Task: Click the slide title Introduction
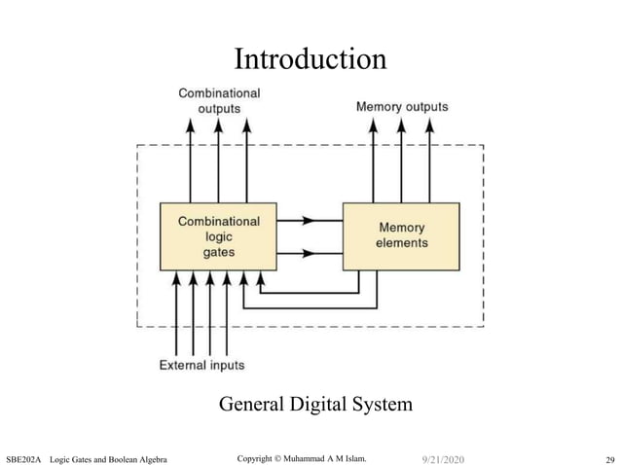(310, 60)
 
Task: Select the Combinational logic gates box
(218, 236)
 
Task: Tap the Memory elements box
(401, 236)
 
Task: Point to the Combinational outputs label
(219, 101)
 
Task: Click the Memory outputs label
(402, 106)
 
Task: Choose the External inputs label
(201, 366)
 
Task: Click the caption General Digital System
(315, 403)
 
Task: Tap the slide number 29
(609, 457)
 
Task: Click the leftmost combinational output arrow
(190, 161)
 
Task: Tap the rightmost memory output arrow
(429, 161)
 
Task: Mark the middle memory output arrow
(401, 161)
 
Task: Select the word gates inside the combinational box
(218, 252)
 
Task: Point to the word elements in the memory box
(401, 243)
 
